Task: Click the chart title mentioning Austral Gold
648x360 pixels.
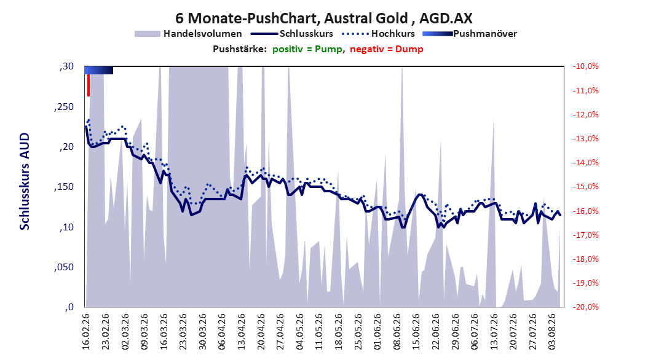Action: [323, 18]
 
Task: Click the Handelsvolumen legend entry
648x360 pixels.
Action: [188, 34]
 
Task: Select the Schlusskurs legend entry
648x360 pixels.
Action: [292, 34]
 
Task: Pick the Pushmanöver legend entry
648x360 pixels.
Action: [470, 34]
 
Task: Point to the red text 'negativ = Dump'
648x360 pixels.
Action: [387, 49]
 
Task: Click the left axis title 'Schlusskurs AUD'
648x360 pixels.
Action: [25, 181]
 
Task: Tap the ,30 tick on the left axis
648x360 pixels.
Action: [66, 66]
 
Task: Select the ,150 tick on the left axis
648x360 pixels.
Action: [64, 187]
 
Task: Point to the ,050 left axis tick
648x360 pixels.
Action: [64, 267]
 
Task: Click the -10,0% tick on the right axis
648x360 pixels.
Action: [585, 66]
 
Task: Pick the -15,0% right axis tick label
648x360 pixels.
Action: [585, 187]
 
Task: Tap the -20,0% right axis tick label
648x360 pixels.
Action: [585, 307]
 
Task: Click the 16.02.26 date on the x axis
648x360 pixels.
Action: [86, 332]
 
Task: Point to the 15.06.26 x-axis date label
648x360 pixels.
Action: [416, 332]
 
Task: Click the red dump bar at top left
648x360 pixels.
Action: [89, 85]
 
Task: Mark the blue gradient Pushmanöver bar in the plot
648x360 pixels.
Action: [99, 70]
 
